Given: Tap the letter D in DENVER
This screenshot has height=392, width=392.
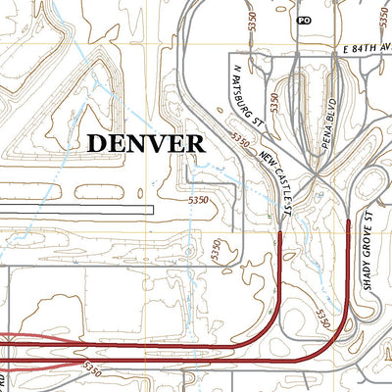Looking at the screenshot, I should pos(95,142).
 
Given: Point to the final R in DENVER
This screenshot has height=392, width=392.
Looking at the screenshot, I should pos(196,142).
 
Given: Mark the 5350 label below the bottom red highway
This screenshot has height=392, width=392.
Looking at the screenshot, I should pos(94,368).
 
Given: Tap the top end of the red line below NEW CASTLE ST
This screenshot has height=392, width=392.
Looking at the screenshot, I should pos(281,232).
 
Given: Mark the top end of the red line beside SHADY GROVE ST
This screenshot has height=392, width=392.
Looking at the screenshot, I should pos(350,221).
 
